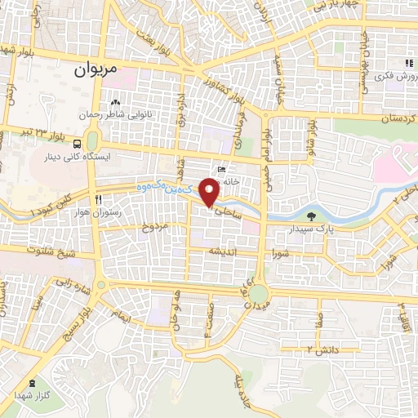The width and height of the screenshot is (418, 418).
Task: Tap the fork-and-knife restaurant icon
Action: [x=97, y=198]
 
